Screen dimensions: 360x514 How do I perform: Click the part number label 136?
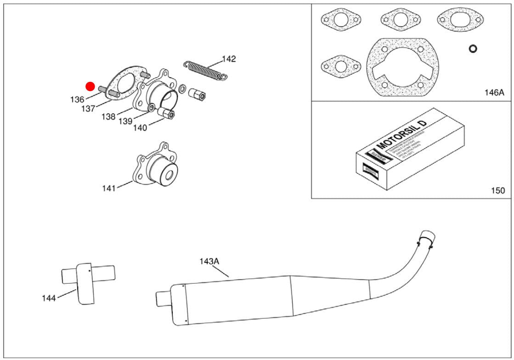tap(77, 99)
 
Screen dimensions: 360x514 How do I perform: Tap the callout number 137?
tap(88, 109)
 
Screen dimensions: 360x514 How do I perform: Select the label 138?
tap(108, 117)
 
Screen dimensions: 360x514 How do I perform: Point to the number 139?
tap(125, 121)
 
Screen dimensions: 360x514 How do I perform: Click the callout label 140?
tap(140, 128)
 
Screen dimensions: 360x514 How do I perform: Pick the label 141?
tap(109, 188)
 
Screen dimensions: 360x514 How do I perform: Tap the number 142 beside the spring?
tap(229, 59)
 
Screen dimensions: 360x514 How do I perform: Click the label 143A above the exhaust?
tap(209, 261)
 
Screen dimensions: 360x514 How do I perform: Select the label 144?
tap(48, 298)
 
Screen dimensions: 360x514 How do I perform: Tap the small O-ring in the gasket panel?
tap(472, 48)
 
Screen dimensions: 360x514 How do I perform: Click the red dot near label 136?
tap(90, 86)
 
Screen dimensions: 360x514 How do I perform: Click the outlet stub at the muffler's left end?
tap(163, 297)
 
